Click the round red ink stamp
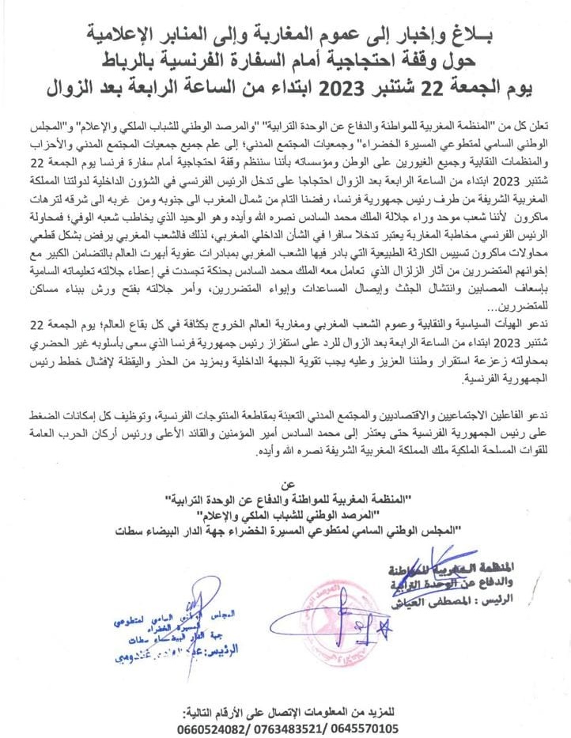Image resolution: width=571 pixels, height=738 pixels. point(333,624)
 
